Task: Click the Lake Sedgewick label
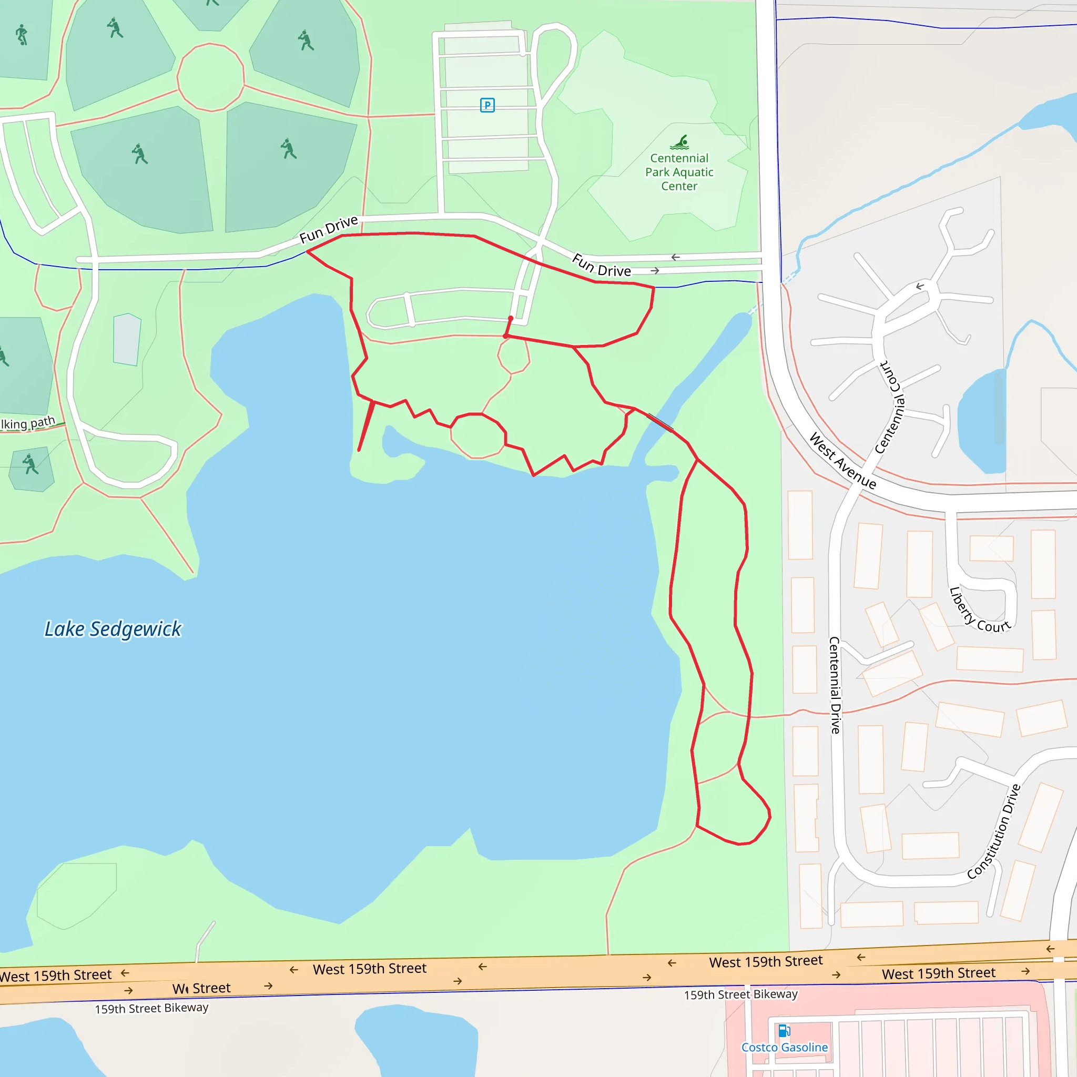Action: coord(113,629)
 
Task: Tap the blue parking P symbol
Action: coord(487,105)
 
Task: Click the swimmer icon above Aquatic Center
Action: coord(679,142)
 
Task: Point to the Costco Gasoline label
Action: coord(784,1048)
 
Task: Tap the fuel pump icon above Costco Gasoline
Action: coord(784,1030)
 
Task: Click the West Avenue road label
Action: coord(842,461)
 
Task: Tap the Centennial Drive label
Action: coord(835,685)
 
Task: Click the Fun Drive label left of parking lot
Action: coord(328,229)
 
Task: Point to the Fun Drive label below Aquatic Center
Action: coord(602,266)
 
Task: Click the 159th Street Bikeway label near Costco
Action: coord(741,994)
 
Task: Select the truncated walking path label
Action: coord(28,423)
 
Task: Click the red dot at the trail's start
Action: coord(511,318)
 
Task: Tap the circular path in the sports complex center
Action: coord(210,77)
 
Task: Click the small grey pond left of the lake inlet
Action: coord(127,340)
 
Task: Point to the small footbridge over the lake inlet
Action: coord(660,421)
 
